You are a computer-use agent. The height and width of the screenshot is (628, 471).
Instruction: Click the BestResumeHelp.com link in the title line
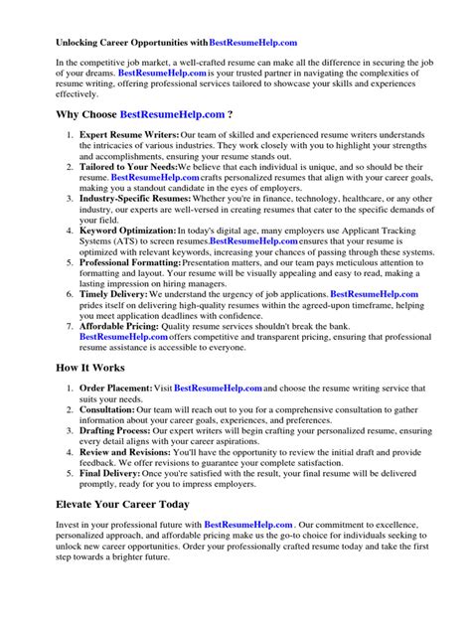click(x=253, y=43)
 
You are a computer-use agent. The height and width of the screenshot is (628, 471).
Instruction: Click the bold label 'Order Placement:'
click(x=116, y=388)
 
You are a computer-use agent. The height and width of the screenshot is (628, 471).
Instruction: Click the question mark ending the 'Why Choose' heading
click(x=231, y=115)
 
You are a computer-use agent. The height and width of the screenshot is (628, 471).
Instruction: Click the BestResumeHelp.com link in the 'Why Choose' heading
click(x=172, y=115)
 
